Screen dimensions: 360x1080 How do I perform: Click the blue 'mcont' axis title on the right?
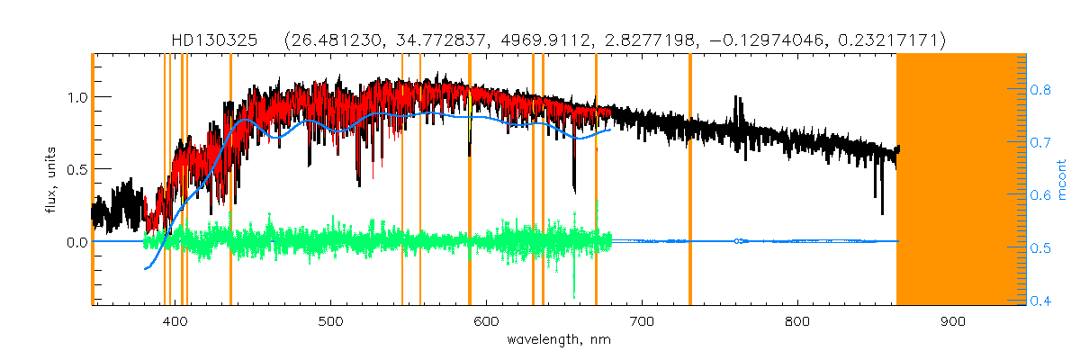1062,180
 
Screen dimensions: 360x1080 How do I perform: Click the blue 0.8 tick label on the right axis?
1042,90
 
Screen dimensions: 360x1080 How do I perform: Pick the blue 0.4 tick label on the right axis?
1042,301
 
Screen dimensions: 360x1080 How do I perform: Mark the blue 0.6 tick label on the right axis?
1042,195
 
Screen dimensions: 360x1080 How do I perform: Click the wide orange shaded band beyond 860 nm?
961,180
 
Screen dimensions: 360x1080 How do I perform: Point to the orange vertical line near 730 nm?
689,180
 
